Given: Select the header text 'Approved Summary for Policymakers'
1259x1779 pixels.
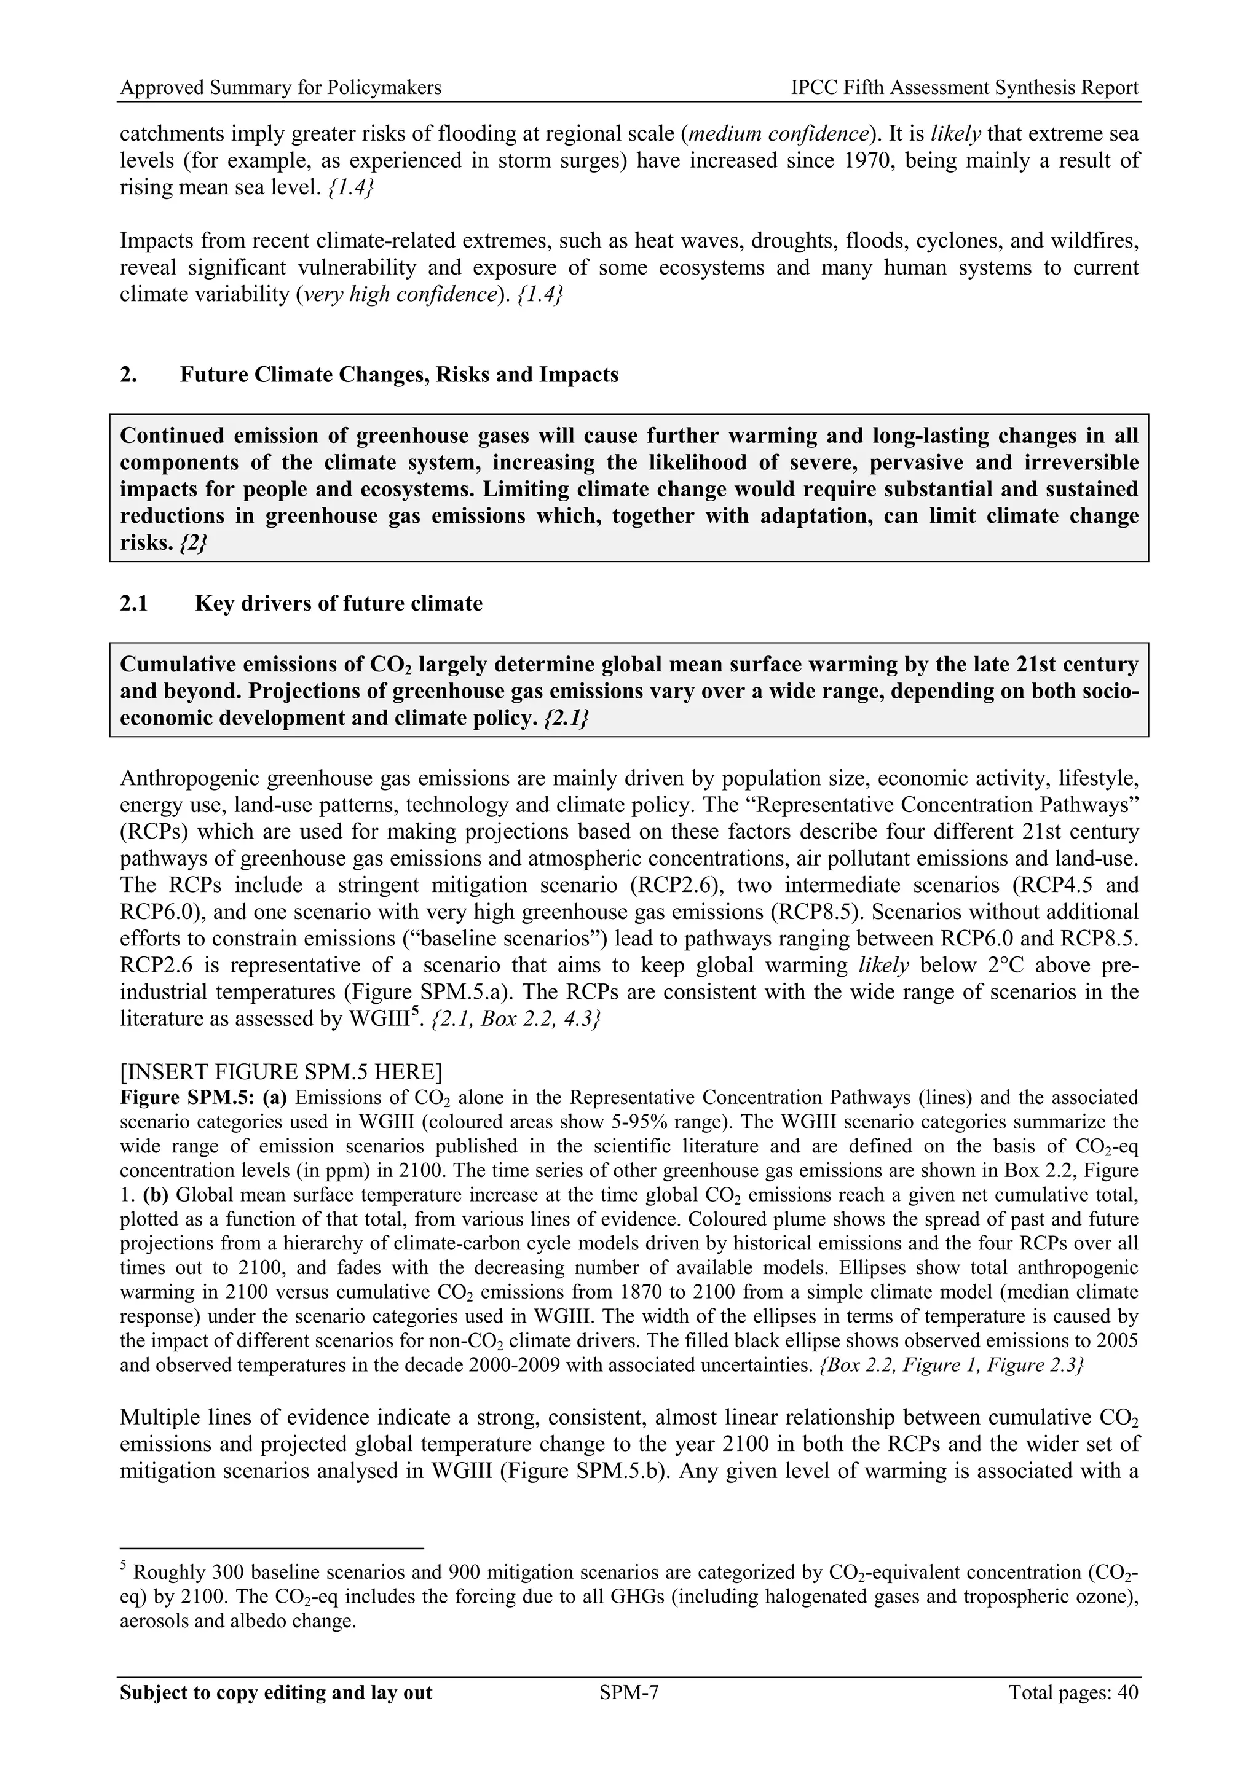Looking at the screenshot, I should [281, 88].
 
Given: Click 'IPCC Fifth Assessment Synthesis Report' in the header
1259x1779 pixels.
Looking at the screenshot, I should [965, 88].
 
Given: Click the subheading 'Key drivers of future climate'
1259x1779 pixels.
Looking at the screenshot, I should [339, 604].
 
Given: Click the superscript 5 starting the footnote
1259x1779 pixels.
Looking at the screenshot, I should [124, 1568].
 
